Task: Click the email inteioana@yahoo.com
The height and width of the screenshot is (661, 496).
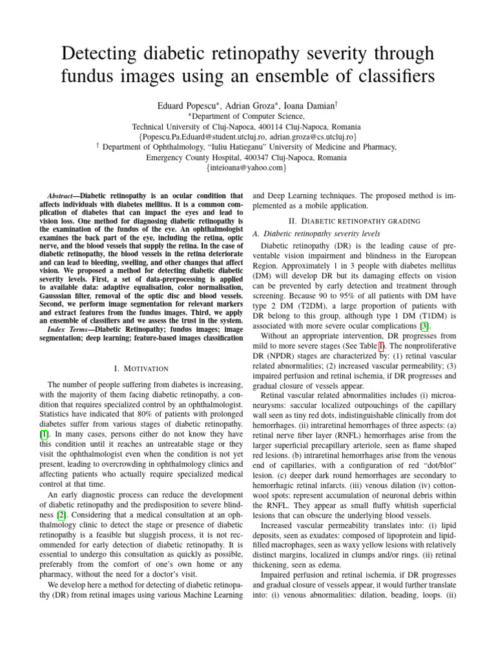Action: click(247, 168)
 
